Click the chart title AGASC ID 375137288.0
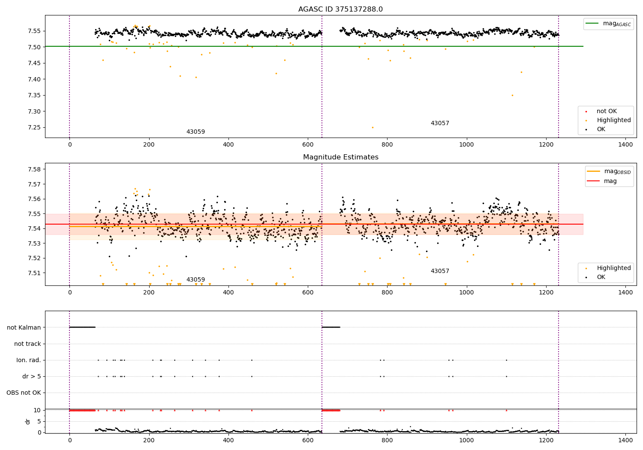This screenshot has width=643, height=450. point(340,9)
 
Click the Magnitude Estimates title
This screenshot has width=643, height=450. point(340,157)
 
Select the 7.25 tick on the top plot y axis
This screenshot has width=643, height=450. point(34,127)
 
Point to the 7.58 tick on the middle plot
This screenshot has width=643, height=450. point(34,169)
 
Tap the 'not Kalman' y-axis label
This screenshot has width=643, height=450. point(24,327)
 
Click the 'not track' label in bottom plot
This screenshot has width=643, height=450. point(27,344)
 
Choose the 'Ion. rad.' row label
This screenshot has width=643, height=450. point(29,360)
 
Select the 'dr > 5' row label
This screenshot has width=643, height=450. point(31,376)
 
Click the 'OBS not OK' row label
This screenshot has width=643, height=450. point(24,393)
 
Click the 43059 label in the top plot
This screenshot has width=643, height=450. point(195,132)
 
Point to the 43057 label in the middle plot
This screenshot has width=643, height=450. point(440,271)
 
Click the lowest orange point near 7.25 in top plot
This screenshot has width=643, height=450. point(373,127)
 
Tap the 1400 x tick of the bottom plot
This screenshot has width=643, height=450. point(625,439)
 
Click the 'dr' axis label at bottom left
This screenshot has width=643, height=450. point(28,421)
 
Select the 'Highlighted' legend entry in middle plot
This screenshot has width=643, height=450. point(613,268)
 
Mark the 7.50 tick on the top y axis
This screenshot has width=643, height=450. point(34,47)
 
